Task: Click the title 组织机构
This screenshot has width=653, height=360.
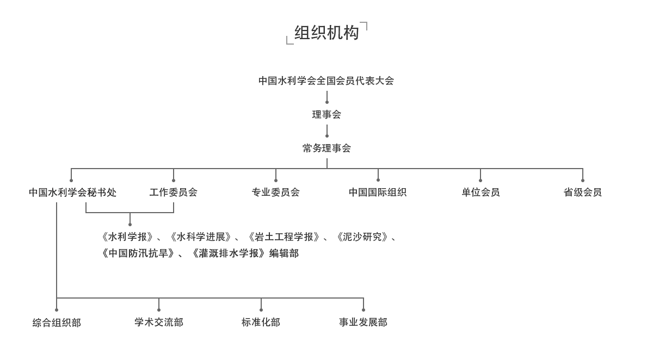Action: click(x=326, y=33)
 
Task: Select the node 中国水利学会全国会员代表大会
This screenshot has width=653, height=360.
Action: click(x=326, y=81)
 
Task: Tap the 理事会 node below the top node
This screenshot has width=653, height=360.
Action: click(x=326, y=115)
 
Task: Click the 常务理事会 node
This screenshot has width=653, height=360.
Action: click(x=326, y=148)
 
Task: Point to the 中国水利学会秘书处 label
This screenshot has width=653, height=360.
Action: click(x=72, y=193)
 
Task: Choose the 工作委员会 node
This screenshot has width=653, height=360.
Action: click(x=174, y=193)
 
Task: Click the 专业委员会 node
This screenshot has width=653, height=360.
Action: click(x=276, y=193)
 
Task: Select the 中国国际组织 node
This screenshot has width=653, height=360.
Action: click(x=378, y=193)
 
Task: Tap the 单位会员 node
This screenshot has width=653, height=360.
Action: click(x=480, y=193)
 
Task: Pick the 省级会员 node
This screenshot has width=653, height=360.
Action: click(x=583, y=193)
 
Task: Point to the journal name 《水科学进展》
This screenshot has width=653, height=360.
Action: click(x=200, y=237)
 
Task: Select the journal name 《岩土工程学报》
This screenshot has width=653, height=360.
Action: click(x=283, y=237)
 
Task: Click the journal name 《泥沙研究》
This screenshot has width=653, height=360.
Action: click(x=362, y=237)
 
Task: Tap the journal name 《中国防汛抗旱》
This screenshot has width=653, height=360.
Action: click(x=138, y=253)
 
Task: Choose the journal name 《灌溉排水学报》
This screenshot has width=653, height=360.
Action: click(x=229, y=253)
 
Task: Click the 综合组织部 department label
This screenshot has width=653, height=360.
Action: click(x=57, y=323)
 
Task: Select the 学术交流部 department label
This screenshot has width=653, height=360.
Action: click(x=159, y=322)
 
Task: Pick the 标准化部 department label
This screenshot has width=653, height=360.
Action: click(x=261, y=322)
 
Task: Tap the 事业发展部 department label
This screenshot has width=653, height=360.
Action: click(x=363, y=322)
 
